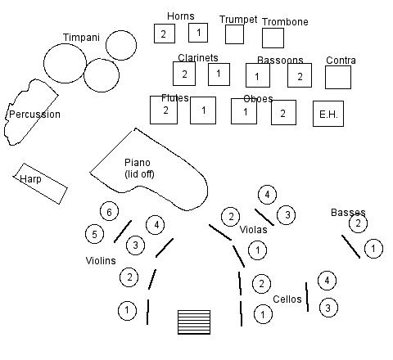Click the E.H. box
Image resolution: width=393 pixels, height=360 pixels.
pyautogui.click(x=328, y=114)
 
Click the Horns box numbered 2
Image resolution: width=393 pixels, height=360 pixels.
pyautogui.click(x=165, y=34)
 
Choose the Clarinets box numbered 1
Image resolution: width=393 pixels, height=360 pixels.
pyautogui.click(x=219, y=74)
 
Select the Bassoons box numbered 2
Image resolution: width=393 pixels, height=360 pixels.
pyautogui.click(x=300, y=75)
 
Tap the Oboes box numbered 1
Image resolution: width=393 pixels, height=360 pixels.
pyautogui.click(x=244, y=111)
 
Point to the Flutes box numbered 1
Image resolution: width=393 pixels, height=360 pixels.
pyautogui.click(x=203, y=110)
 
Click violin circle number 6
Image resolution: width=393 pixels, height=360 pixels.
pyautogui.click(x=109, y=211)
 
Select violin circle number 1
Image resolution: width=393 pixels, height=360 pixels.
pyautogui.click(x=127, y=310)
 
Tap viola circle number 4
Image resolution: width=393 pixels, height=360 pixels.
pyautogui.click(x=267, y=195)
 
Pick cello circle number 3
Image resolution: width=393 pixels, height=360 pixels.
pyautogui.click(x=328, y=308)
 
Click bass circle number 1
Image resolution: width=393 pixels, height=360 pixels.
pyautogui.click(x=373, y=249)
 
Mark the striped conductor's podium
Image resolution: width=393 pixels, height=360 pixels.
pyautogui.click(x=194, y=322)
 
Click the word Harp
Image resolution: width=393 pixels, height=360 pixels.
pyautogui.click(x=30, y=179)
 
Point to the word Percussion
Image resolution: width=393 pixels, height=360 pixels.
pyautogui.click(x=34, y=115)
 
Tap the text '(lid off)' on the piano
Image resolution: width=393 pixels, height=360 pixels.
pyautogui.click(x=139, y=174)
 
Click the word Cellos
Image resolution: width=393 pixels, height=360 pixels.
pyautogui.click(x=287, y=299)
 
